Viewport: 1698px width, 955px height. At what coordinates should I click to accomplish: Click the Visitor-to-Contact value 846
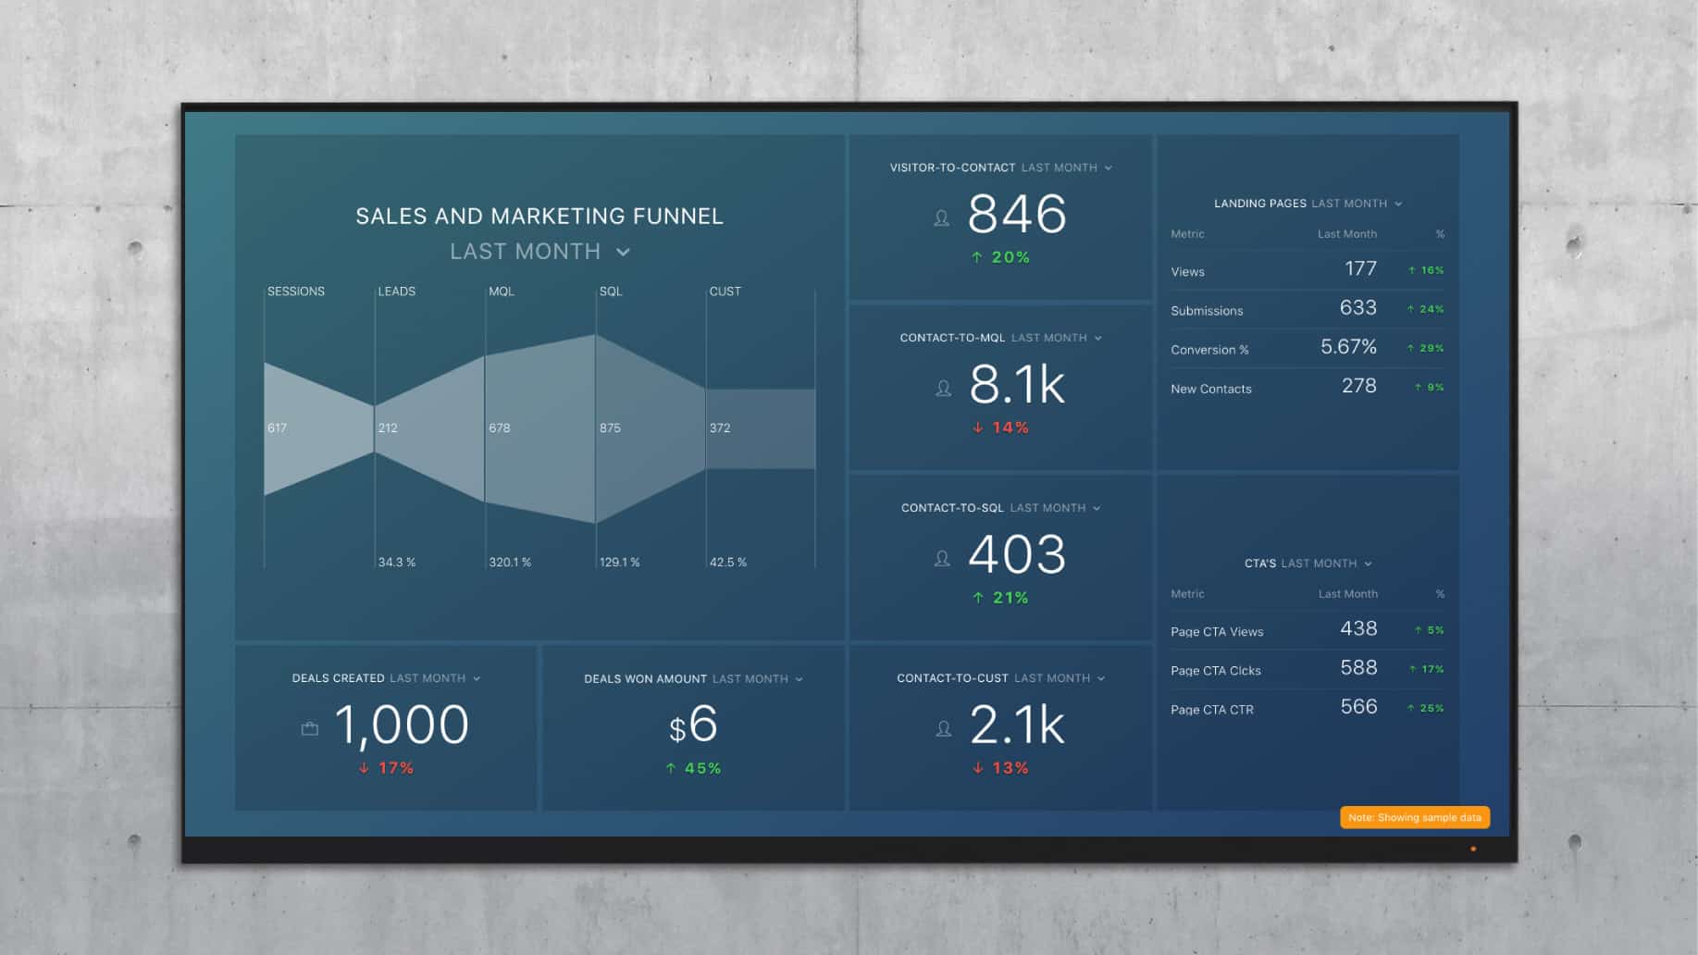coord(1016,215)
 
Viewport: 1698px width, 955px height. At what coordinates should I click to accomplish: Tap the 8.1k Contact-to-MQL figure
coord(1016,385)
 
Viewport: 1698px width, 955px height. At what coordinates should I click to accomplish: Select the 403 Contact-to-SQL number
coord(1016,555)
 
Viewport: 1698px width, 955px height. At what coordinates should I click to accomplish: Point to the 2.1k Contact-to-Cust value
coord(1016,726)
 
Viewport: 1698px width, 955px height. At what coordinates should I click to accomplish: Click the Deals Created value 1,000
coord(402,726)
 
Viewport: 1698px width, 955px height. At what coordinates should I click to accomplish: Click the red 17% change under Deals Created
coord(387,768)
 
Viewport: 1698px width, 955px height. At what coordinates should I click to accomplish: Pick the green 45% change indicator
coord(694,768)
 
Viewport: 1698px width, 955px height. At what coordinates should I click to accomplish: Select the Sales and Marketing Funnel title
coord(539,217)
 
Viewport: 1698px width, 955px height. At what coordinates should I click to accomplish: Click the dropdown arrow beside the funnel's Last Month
coord(624,252)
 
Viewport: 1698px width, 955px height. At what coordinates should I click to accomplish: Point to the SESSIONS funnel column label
coord(296,291)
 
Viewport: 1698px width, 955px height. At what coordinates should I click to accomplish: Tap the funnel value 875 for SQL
coord(610,428)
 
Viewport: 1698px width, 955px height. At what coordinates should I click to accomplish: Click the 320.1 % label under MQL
coord(510,562)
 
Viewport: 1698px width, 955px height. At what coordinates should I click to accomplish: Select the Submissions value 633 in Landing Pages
coord(1357,308)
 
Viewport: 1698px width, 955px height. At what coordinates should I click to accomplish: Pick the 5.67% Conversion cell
coord(1348,347)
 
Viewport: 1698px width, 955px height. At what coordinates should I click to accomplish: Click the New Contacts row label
coord(1210,389)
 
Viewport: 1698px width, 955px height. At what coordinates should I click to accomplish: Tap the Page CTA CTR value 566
coord(1358,707)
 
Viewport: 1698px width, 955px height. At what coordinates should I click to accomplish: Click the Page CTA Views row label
coord(1217,632)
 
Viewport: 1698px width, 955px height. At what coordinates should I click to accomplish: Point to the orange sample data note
coord(1414,817)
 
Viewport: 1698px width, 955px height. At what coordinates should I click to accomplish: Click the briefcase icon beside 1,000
coord(310,729)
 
